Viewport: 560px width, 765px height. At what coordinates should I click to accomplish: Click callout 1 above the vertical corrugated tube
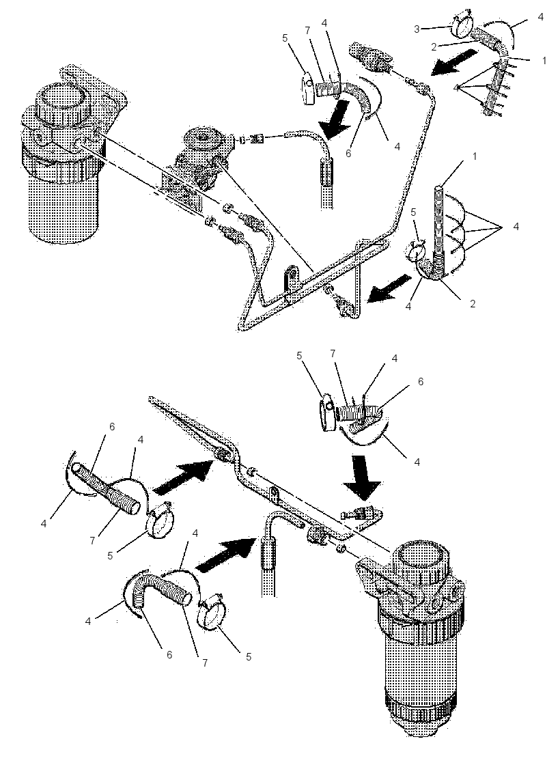[475, 156]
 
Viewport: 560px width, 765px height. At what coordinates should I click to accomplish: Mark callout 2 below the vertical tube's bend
[472, 303]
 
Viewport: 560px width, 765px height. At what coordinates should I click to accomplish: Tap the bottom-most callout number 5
[249, 656]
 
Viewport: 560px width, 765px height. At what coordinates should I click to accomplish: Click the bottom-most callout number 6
[169, 655]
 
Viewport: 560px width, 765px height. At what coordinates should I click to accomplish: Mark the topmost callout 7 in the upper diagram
[307, 30]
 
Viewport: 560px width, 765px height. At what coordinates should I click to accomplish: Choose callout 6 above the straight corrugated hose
[112, 426]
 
